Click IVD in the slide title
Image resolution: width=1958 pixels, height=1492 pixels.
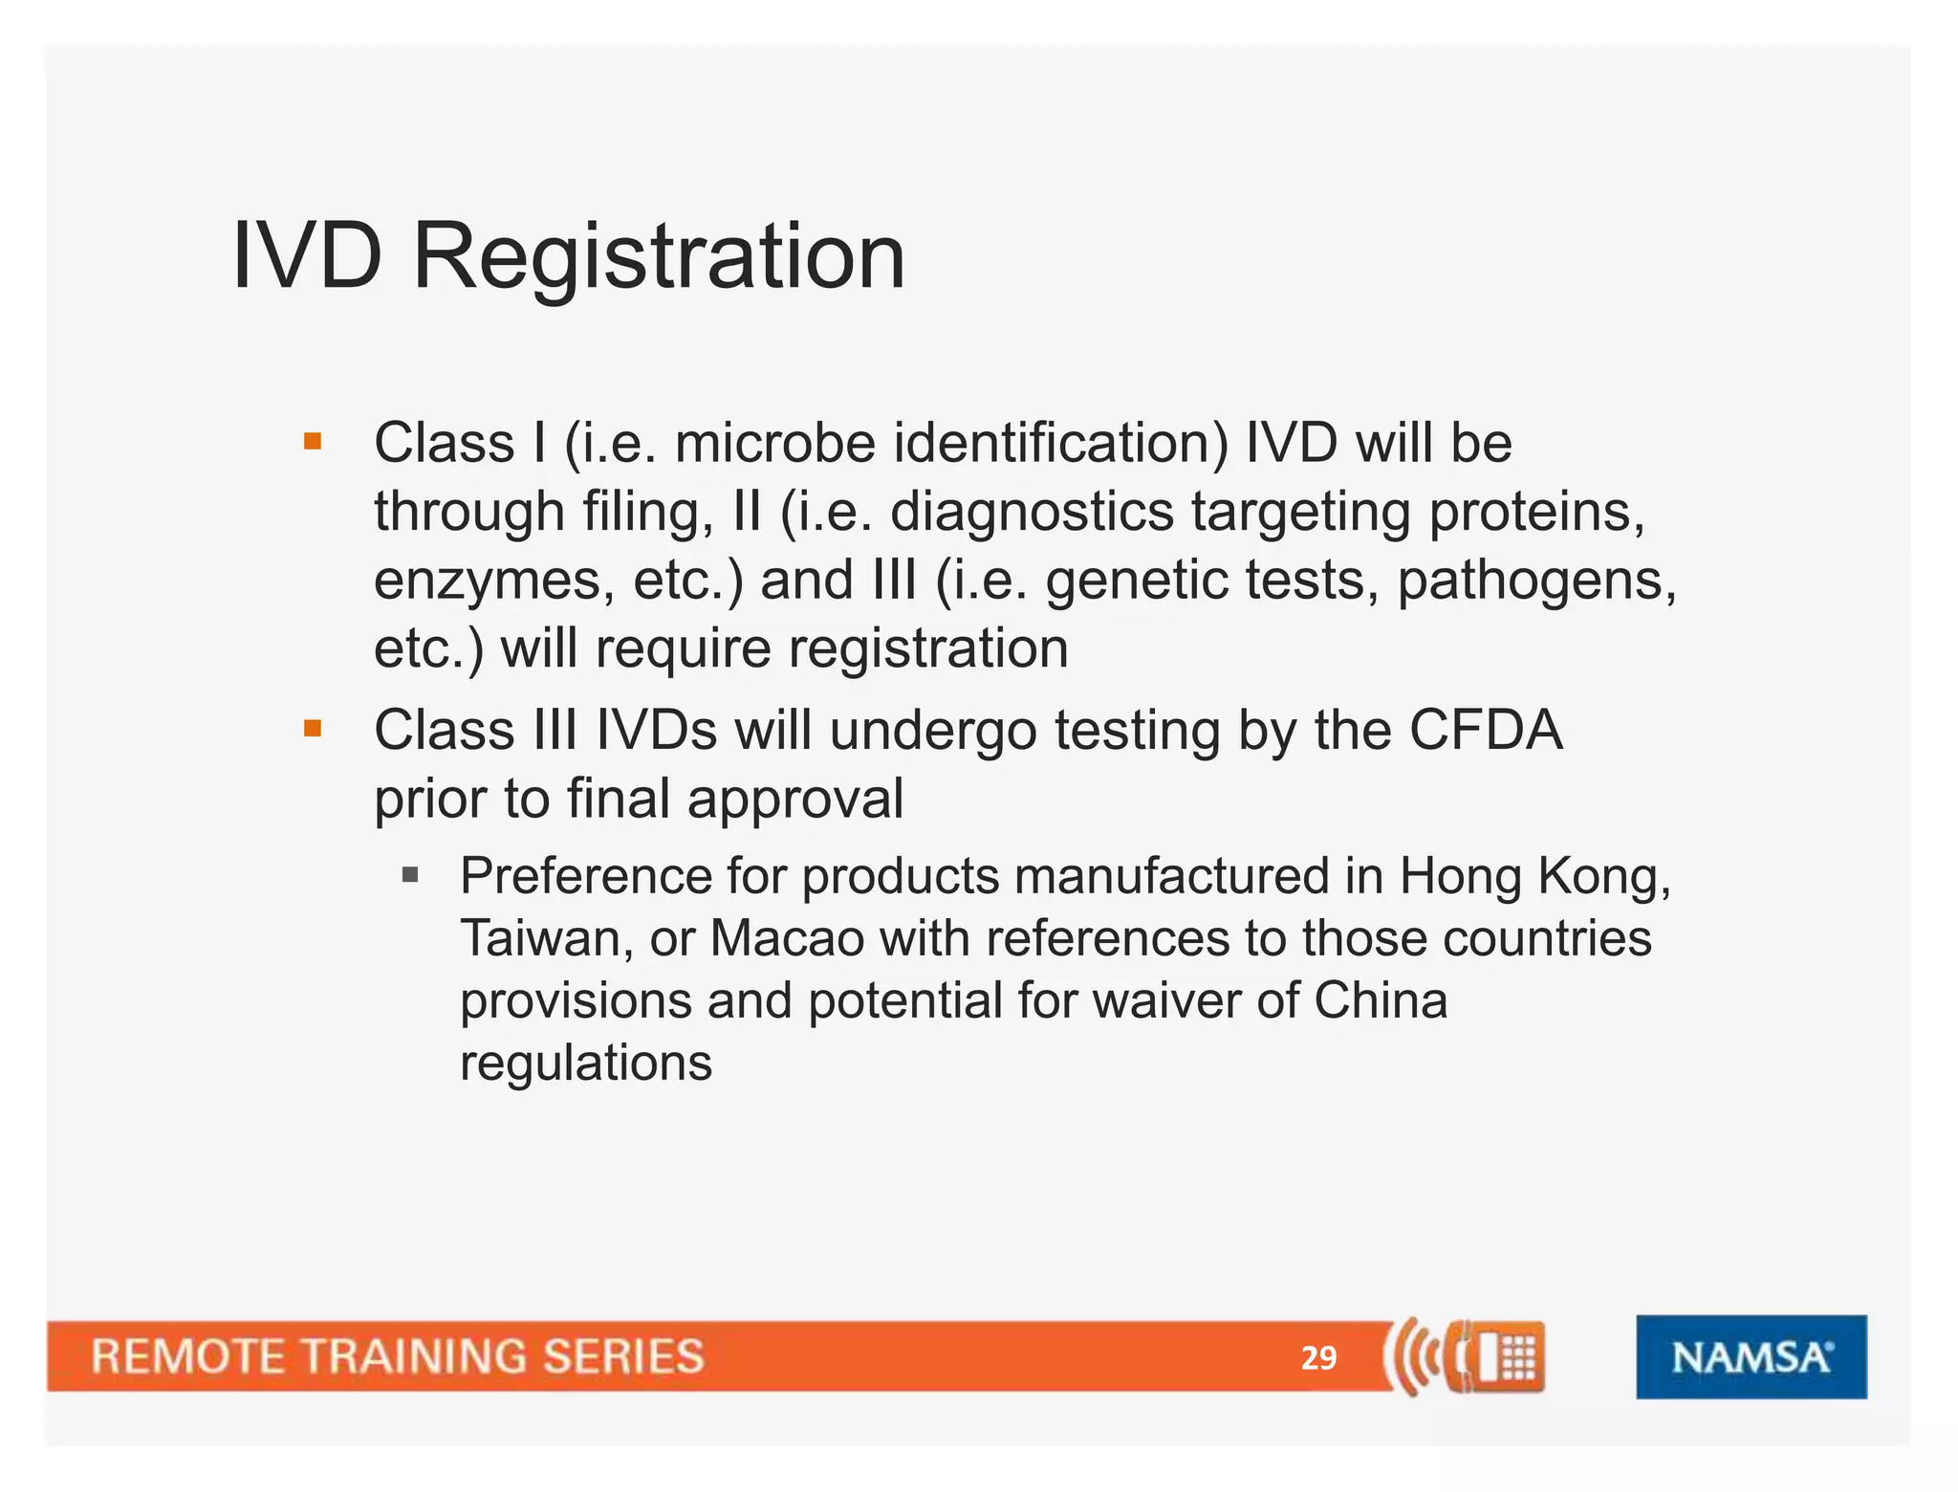(307, 256)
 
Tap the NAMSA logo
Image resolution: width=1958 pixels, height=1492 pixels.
(1751, 1356)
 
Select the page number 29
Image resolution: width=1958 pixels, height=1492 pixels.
(1318, 1358)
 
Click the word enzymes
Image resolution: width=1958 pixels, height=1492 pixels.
(493, 581)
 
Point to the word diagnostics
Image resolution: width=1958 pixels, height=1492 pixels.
(1032, 513)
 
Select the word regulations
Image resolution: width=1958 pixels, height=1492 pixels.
(586, 1063)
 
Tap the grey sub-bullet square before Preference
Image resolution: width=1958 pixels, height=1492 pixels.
(411, 874)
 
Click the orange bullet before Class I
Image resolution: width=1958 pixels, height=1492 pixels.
(312, 442)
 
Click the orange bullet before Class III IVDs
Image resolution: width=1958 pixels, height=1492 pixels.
(312, 729)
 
